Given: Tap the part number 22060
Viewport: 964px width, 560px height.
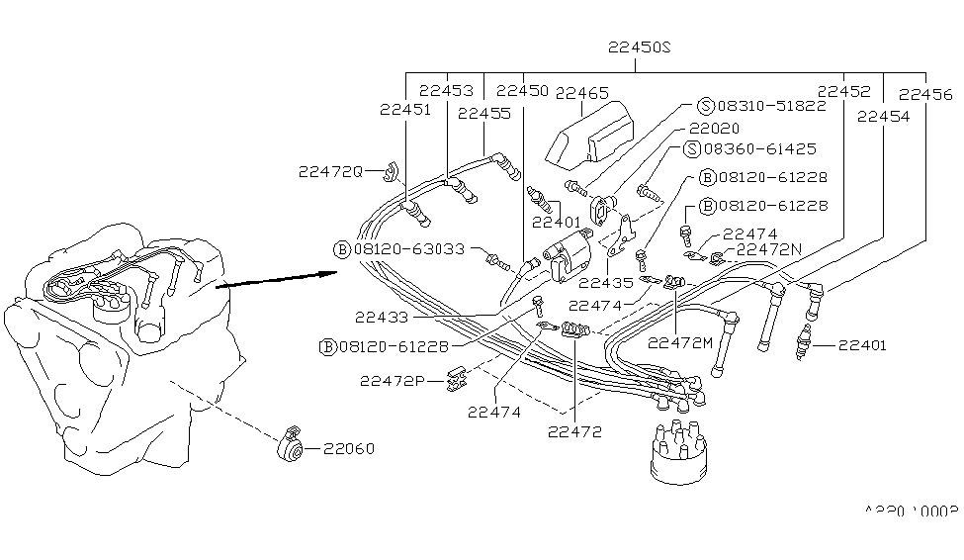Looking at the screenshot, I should point(348,449).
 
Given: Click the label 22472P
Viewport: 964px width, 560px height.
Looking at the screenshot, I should point(394,380).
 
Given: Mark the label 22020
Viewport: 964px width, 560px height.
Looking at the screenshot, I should point(714,129).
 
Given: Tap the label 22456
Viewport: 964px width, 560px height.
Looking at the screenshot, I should point(925,95).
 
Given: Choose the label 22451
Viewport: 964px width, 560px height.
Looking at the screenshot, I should point(404,110).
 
